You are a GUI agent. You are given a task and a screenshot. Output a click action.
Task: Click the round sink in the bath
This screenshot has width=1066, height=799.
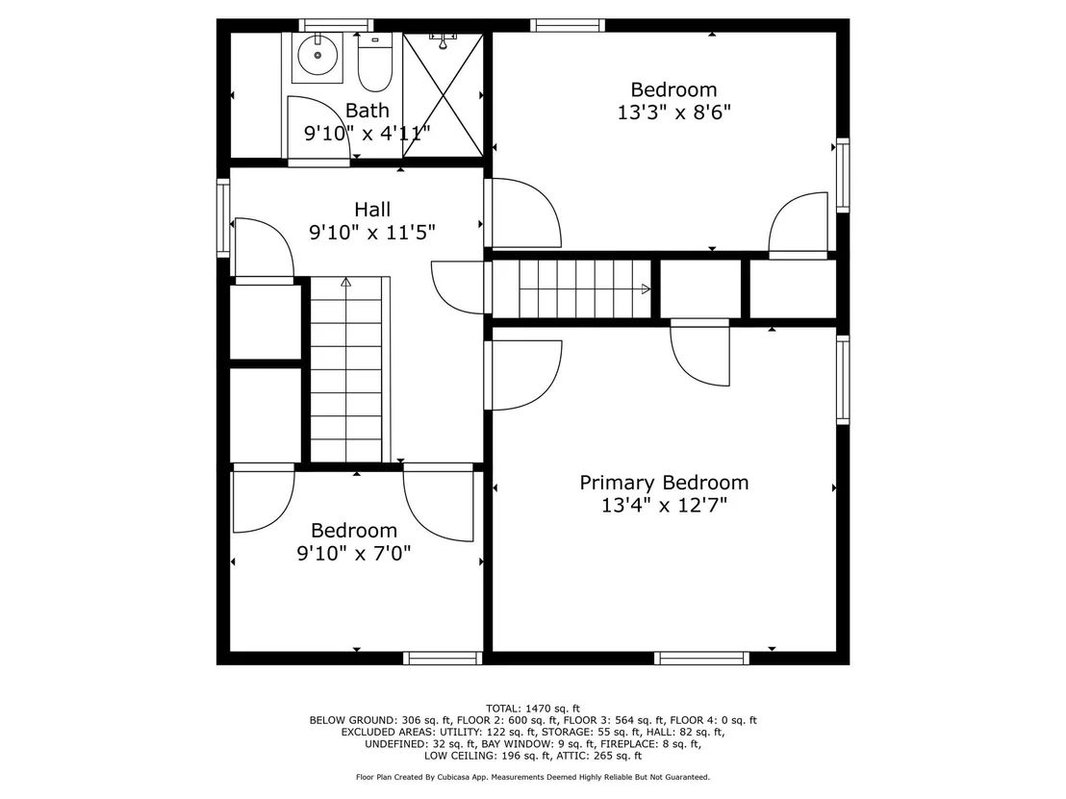pyautogui.click(x=317, y=55)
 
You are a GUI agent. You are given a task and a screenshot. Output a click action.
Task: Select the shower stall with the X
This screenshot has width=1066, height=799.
pyautogui.click(x=443, y=94)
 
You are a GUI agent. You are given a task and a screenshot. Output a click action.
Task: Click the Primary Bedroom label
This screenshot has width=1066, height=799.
pyautogui.click(x=664, y=483)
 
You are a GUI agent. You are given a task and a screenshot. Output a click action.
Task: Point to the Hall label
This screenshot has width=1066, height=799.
pyautogui.click(x=372, y=210)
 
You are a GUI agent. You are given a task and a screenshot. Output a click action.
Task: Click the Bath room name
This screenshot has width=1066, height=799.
pyautogui.click(x=368, y=110)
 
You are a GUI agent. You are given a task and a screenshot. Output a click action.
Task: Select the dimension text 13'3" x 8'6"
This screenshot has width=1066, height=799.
pyautogui.click(x=673, y=112)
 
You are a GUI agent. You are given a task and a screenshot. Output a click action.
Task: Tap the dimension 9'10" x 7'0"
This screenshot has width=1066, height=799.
pyautogui.click(x=354, y=553)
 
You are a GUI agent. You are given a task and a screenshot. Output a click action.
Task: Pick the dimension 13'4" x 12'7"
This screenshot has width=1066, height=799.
pyautogui.click(x=664, y=505)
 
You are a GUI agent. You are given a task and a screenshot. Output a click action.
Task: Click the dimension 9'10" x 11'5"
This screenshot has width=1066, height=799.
pyautogui.click(x=372, y=233)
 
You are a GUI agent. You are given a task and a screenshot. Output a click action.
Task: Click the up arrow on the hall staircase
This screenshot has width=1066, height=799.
pyautogui.click(x=346, y=282)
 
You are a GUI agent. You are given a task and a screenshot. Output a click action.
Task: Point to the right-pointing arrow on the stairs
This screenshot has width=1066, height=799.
pyautogui.click(x=646, y=288)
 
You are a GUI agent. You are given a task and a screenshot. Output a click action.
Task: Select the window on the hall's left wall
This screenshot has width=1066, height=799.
pyautogui.click(x=223, y=217)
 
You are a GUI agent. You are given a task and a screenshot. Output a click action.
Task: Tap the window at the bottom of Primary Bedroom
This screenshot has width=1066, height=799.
pyautogui.click(x=701, y=658)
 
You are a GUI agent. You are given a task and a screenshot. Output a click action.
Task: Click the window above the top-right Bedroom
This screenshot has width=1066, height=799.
pyautogui.click(x=568, y=25)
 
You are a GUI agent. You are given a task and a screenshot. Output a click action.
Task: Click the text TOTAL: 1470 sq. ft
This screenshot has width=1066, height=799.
pyautogui.click(x=533, y=709)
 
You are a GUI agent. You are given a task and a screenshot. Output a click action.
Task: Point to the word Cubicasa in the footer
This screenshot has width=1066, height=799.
pyautogui.click(x=455, y=777)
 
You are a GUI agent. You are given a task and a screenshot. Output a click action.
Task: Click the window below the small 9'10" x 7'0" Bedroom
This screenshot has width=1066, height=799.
pyautogui.click(x=443, y=658)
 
